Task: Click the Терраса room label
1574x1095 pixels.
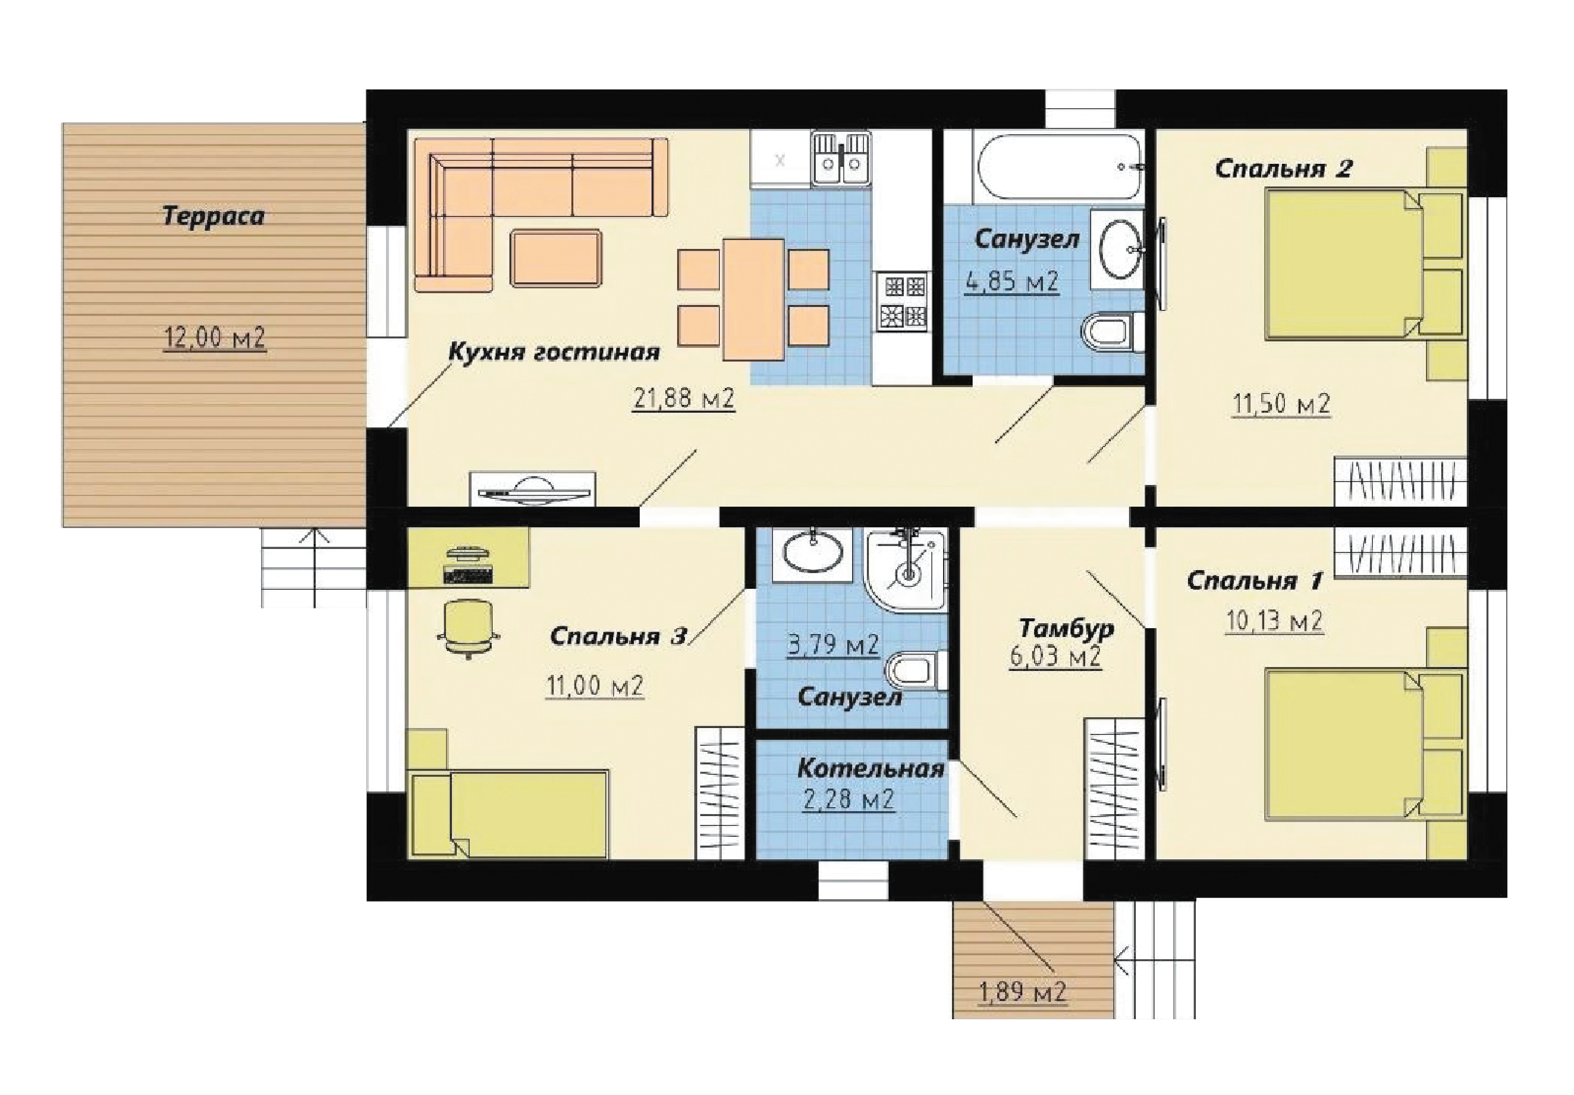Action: click(x=213, y=216)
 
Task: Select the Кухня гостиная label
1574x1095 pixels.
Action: click(x=554, y=352)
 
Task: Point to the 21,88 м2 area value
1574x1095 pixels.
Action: click(x=683, y=398)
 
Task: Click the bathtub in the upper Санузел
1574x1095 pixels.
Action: click(x=1059, y=167)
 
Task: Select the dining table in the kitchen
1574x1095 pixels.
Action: click(x=753, y=299)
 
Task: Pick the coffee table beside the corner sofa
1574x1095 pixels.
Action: click(x=556, y=258)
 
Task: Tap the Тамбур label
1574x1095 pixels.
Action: click(x=1067, y=628)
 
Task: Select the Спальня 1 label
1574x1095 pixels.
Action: click(x=1254, y=581)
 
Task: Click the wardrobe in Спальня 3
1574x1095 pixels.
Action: click(x=720, y=792)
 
